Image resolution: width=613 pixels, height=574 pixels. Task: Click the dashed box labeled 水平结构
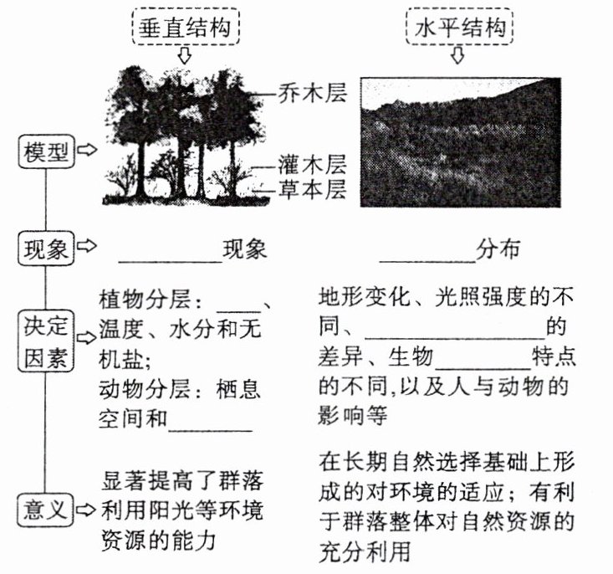459,28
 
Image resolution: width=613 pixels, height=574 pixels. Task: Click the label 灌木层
311,163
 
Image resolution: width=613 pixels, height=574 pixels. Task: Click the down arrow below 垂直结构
186,56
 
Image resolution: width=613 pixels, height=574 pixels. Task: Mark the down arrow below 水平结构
458,56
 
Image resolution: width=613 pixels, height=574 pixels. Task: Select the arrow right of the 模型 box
85,151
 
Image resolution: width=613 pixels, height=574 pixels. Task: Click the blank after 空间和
211,427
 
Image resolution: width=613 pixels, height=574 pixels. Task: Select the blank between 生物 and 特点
484,366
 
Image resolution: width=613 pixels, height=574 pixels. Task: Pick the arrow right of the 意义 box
85,508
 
